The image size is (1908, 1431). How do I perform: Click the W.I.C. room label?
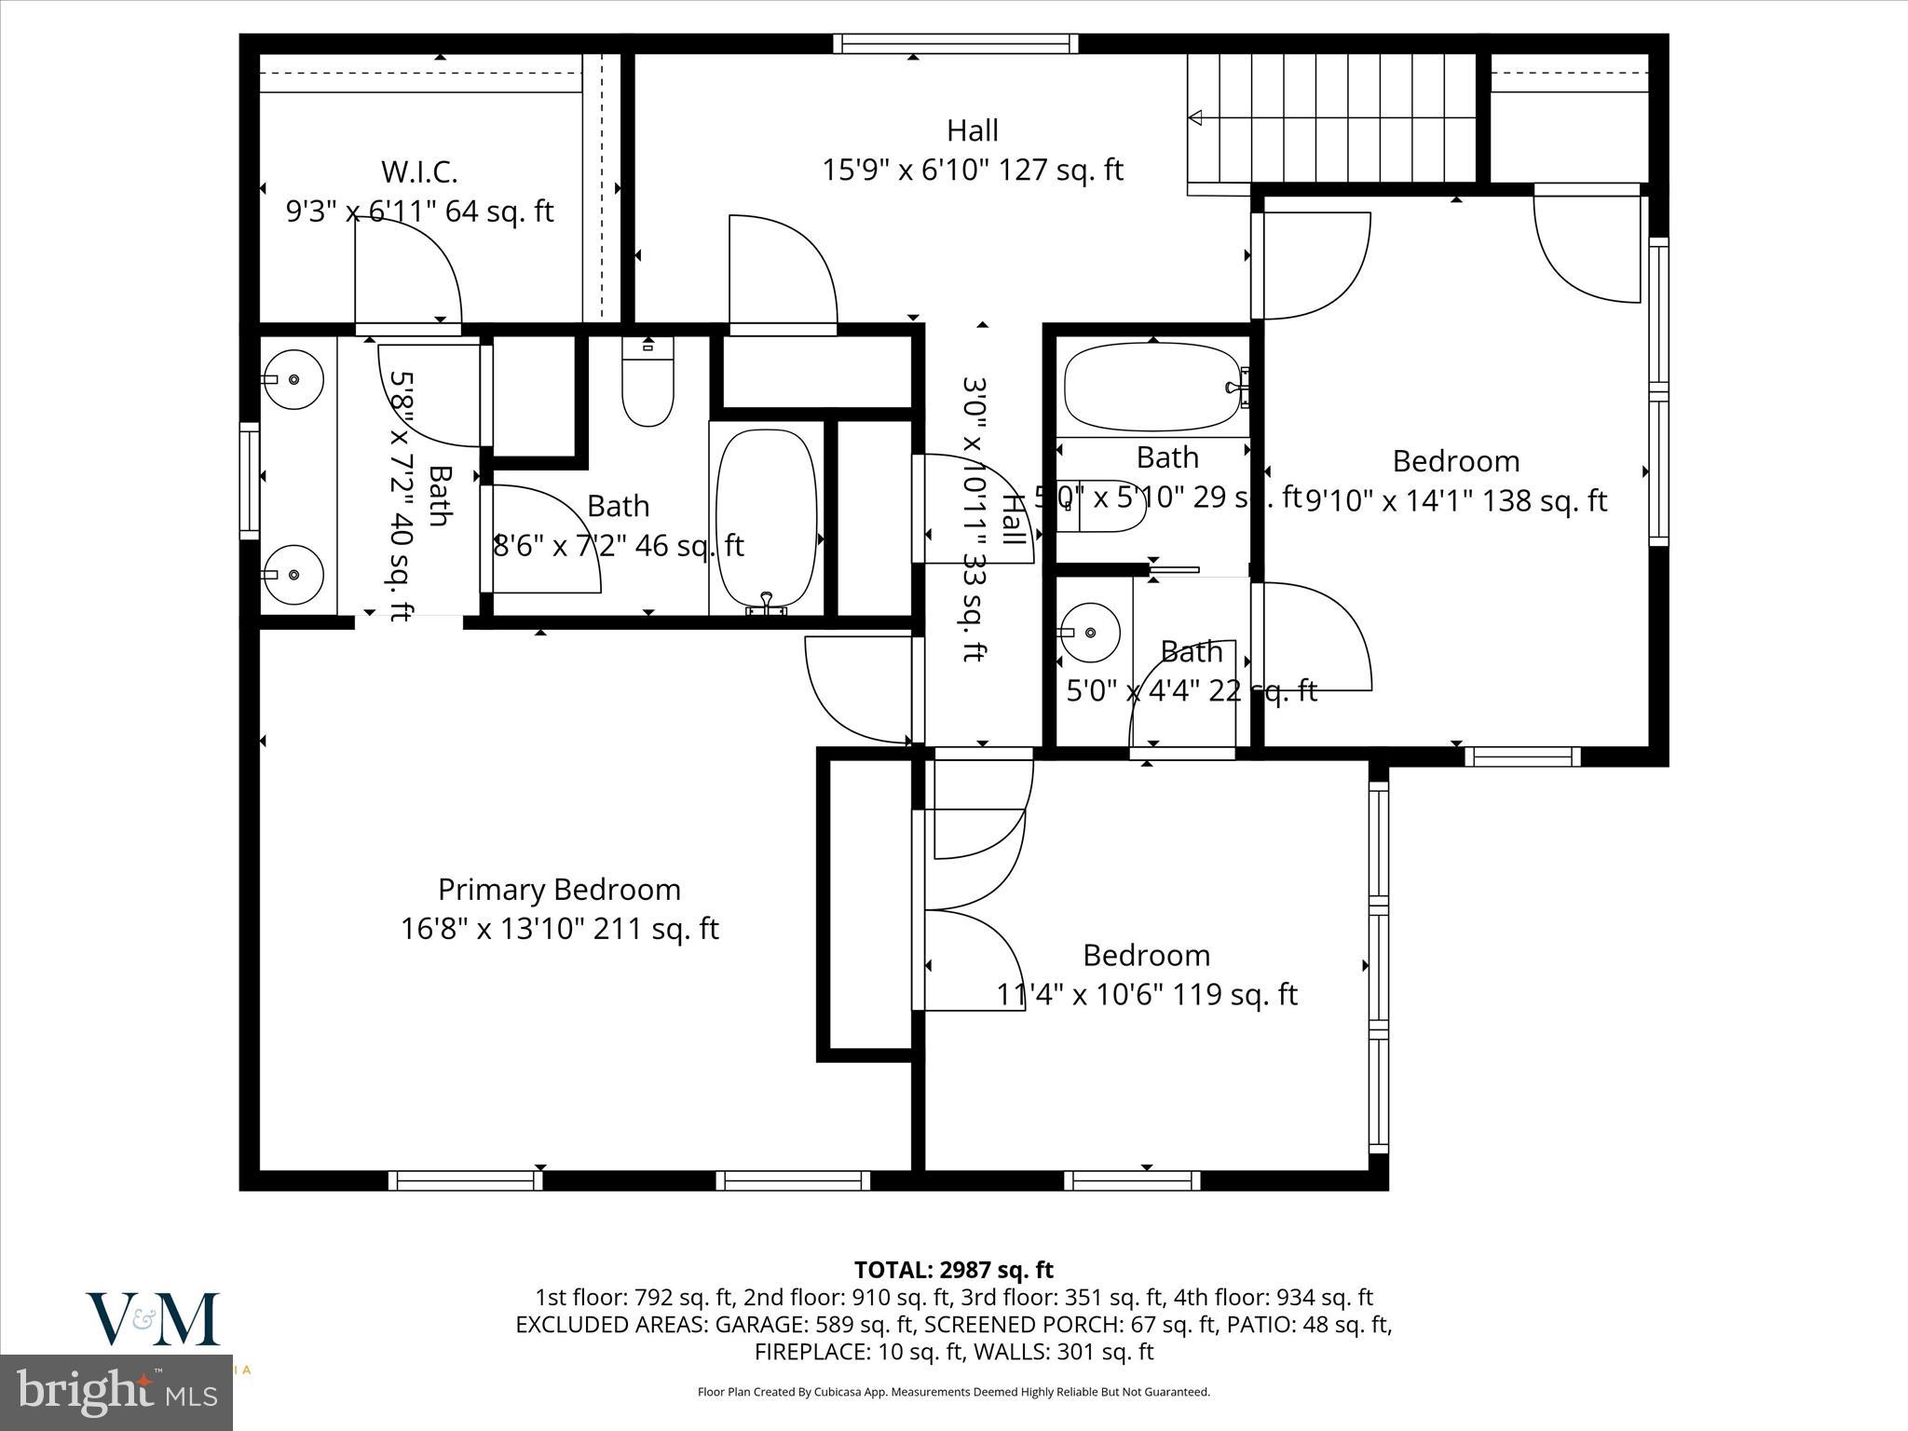tap(418, 172)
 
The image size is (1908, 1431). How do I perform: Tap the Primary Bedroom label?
tap(559, 890)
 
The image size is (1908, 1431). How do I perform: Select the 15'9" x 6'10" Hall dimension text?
tap(972, 170)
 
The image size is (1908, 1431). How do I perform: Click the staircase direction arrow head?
tap(1195, 117)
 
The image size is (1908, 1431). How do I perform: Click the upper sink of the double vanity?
tap(293, 379)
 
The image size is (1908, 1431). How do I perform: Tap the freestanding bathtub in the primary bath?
tap(767, 517)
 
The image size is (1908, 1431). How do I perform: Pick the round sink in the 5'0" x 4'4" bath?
tap(1091, 632)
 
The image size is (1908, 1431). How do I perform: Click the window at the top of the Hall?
tap(955, 43)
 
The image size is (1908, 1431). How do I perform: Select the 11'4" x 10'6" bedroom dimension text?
tap(1146, 995)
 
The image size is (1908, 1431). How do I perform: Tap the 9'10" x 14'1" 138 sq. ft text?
tap(1455, 501)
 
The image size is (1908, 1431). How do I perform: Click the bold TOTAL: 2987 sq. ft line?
tap(953, 1270)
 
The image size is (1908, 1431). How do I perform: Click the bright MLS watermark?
tap(116, 1392)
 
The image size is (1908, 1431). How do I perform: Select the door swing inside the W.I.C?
tap(410, 270)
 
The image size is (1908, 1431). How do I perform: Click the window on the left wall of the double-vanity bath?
tap(249, 480)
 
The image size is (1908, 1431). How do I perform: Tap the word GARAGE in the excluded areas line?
tap(762, 1324)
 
